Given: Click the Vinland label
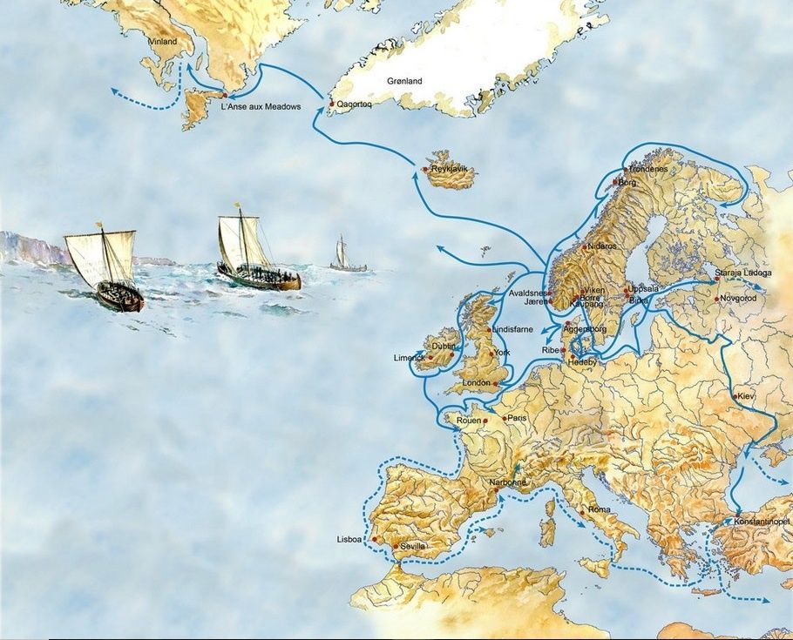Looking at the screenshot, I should (x=162, y=41).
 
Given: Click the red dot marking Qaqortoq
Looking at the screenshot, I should (x=331, y=104).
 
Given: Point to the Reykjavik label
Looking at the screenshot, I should (x=450, y=168).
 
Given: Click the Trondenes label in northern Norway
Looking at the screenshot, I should (x=647, y=168).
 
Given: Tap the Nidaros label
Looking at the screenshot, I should (x=602, y=246).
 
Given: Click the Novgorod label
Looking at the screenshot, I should (x=740, y=299).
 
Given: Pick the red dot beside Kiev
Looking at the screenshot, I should (x=735, y=396).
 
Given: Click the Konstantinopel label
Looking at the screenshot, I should (x=762, y=521).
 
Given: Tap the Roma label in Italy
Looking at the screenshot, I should (x=600, y=509).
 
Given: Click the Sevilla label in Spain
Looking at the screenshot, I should (x=413, y=546).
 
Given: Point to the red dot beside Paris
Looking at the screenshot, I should (x=504, y=417).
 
